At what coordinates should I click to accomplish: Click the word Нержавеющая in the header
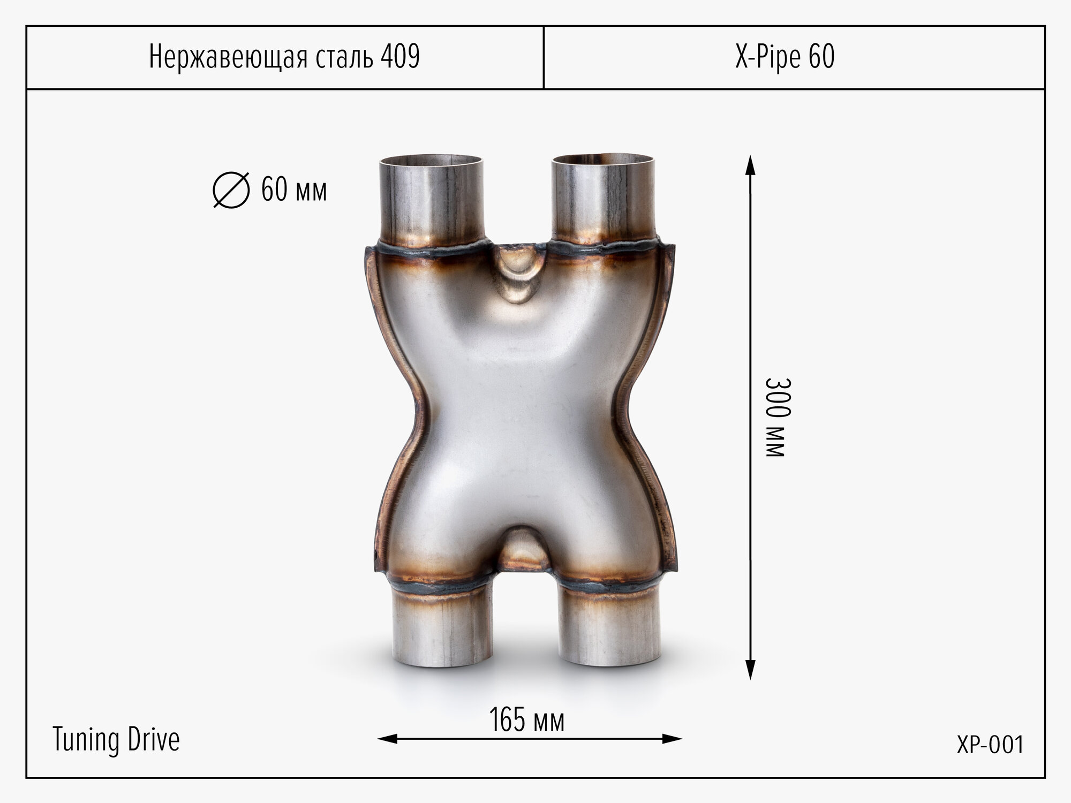(229, 57)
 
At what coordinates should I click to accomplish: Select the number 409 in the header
(400, 56)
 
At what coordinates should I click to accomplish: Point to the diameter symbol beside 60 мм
(231, 190)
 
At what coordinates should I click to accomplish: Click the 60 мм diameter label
(293, 190)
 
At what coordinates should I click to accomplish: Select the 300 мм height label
(775, 418)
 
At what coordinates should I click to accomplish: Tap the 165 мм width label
(527, 720)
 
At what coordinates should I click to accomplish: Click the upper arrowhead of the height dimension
(750, 165)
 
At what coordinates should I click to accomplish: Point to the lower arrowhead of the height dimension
(750, 670)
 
